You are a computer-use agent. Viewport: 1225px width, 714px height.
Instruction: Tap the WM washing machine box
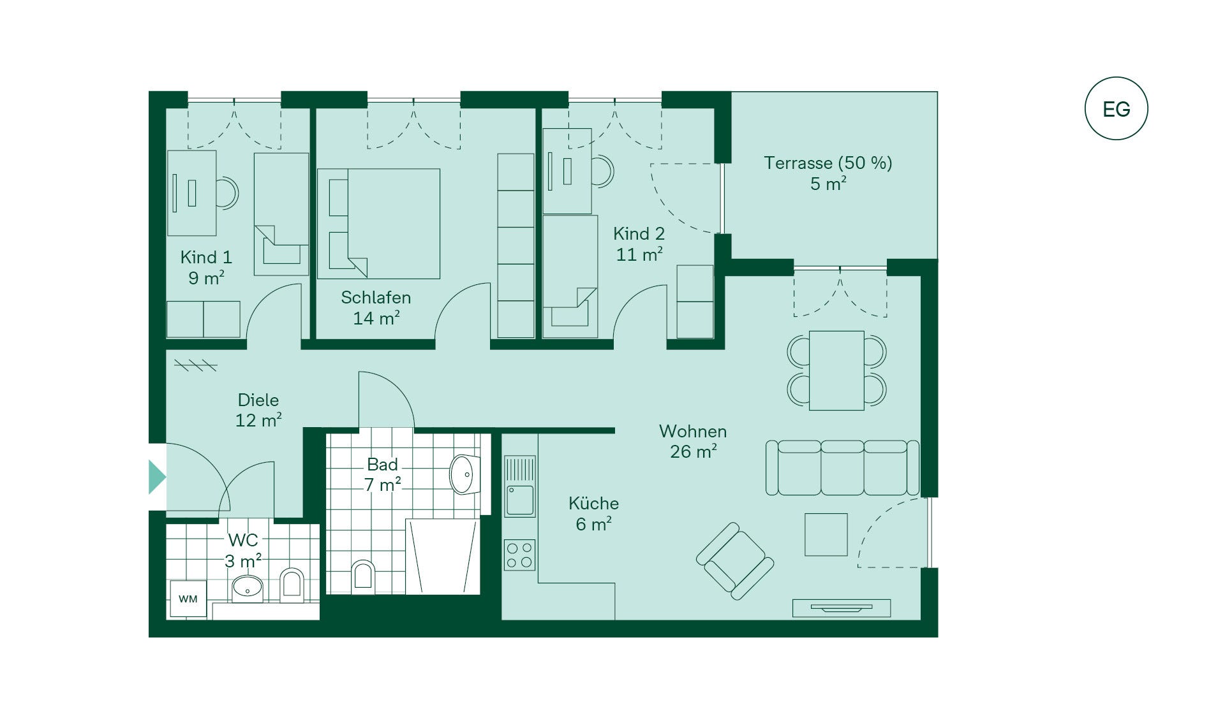(188, 599)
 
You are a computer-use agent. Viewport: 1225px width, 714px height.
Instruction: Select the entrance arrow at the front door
(157, 477)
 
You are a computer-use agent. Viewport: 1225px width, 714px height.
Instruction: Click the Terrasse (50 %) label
(828, 163)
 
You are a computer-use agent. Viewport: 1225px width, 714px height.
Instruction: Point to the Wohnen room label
(693, 432)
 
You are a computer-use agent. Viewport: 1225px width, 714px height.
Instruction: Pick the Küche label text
(593, 504)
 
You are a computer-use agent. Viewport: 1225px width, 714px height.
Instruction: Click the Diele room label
(258, 400)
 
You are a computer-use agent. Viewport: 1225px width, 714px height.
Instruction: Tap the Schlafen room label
(376, 298)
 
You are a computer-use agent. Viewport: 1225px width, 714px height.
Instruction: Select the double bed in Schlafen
(379, 224)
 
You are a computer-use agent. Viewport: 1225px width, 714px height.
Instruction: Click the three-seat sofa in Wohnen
(842, 467)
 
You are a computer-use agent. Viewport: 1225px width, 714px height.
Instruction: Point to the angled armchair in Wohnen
(735, 561)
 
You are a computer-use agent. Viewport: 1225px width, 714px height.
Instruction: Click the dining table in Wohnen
(836, 370)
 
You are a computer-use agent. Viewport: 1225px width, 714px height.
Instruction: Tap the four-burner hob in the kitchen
(519, 555)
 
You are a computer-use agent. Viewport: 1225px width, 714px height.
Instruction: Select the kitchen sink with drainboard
(520, 486)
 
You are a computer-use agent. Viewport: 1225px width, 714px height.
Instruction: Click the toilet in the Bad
(362, 574)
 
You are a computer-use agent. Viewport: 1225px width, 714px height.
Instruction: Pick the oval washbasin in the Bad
(464, 474)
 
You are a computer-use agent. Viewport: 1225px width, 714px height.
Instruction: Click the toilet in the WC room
(292, 585)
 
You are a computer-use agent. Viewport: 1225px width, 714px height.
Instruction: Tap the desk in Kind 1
(191, 193)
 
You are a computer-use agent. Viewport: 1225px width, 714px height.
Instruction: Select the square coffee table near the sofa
(826, 535)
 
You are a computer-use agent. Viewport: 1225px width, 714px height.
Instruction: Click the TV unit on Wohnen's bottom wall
(842, 608)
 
